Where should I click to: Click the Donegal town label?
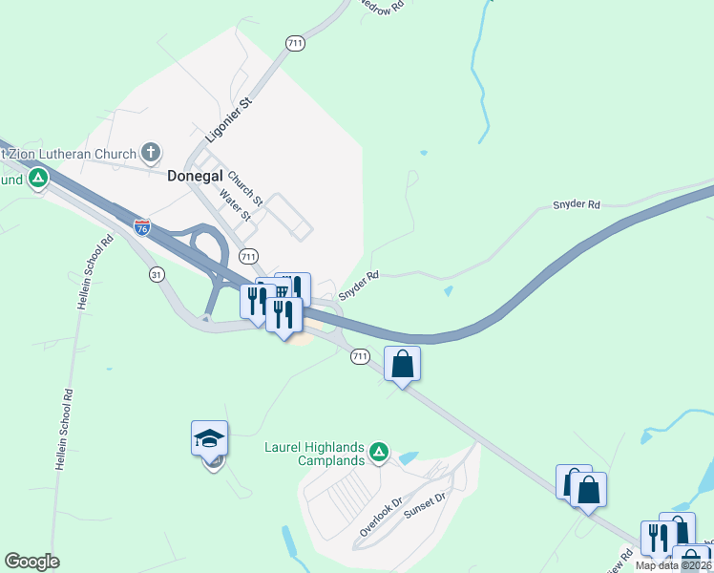pos(195,176)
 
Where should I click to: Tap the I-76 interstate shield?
pos(142,226)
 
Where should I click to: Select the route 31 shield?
pos(156,274)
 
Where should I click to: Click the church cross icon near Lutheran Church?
pos(150,152)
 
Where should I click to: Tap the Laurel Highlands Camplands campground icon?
pos(379,451)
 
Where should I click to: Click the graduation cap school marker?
pos(209,439)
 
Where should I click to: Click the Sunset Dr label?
pos(426,505)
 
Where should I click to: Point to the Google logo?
pos(31,562)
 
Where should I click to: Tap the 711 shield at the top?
pos(294,43)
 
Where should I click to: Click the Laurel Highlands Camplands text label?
pos(315,455)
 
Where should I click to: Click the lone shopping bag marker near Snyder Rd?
pos(403,364)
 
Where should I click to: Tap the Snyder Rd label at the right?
pos(577,205)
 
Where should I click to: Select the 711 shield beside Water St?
pos(248,256)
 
